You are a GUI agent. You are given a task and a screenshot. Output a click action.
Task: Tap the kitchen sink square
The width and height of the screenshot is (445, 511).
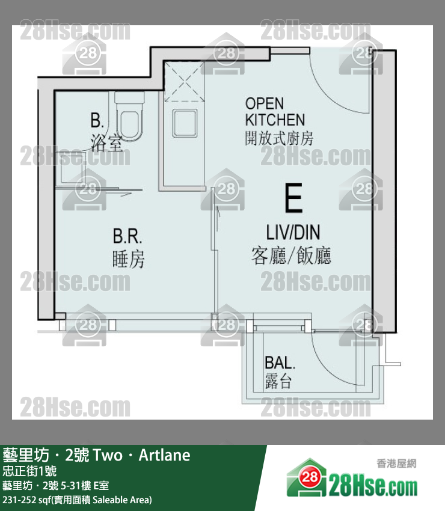coord(185,123)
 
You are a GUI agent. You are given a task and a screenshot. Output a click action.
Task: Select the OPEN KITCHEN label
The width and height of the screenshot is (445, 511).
coord(275,112)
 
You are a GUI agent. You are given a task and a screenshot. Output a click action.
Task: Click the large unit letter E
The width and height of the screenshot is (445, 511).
coord(293,198)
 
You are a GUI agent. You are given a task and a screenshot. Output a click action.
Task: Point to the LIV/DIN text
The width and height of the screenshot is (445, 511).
coord(293,233)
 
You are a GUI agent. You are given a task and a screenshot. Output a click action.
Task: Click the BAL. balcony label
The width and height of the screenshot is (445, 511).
coord(280,363)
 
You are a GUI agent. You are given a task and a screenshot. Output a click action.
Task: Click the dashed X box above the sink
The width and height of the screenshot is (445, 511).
coord(184,81)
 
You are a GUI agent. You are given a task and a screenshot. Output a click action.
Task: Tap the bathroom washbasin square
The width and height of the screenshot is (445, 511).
coord(72,171)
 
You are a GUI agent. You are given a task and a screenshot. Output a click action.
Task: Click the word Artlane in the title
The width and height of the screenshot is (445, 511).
coord(164,455)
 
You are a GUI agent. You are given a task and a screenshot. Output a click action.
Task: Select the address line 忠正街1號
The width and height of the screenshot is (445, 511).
coord(29,471)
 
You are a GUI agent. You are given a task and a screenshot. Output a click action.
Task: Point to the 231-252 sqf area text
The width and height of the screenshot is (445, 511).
coord(77,500)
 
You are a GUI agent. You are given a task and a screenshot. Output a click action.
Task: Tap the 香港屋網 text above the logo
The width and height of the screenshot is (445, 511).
coord(396,463)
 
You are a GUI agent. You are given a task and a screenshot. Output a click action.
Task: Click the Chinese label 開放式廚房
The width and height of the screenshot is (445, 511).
coord(279,138)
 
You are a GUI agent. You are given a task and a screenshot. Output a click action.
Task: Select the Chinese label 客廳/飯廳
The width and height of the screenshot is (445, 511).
coord(291,255)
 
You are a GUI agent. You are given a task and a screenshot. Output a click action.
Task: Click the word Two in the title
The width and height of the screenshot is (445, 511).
coord(108,455)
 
